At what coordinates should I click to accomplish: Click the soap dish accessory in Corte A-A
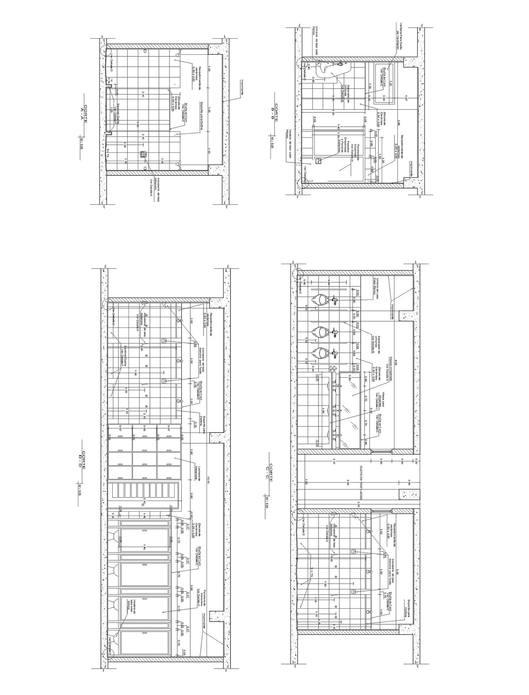pyautogui.click(x=144, y=154)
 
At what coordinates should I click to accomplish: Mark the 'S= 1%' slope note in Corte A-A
pyautogui.click(x=109, y=152)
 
